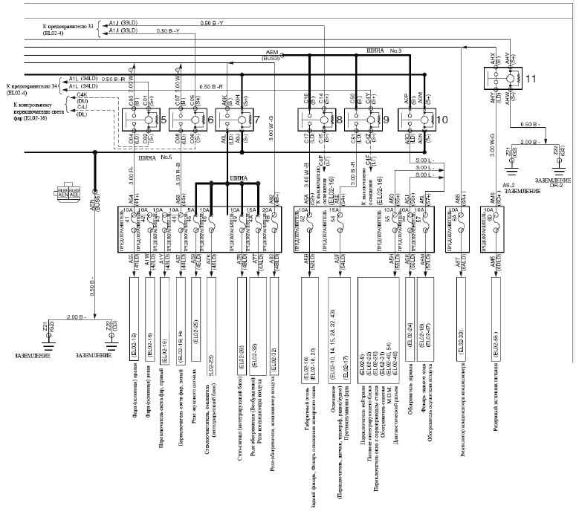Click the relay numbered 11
501,79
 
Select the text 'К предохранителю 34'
33,86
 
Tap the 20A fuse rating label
269,210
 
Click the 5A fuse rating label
191,210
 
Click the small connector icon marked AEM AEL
68,192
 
